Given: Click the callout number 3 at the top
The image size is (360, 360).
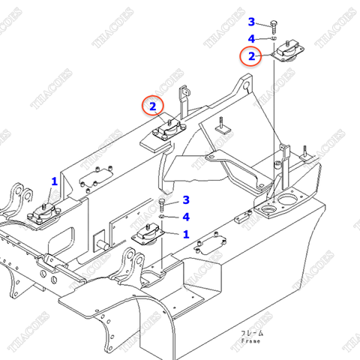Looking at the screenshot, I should [252, 22].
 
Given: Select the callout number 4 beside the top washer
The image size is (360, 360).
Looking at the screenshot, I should [252, 38].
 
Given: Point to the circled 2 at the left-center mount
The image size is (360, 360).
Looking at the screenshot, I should [152, 107].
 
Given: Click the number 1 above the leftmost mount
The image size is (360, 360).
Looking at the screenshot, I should [54, 181].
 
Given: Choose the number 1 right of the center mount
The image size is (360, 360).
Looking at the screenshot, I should [185, 234].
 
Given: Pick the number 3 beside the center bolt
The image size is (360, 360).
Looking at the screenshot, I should [186, 199].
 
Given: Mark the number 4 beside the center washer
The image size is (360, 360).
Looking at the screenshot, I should [186, 217].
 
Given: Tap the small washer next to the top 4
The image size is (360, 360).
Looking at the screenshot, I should [275, 38].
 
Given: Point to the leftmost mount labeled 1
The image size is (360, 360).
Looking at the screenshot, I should [44, 214].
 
